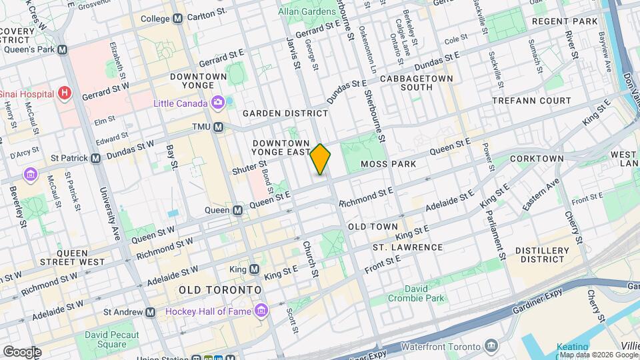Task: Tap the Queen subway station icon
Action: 238,211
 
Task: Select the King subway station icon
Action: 254,269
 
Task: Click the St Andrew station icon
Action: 151,312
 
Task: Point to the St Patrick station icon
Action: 95,159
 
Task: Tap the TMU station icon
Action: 218,127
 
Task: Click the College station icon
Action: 177,19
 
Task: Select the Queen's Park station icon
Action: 62,49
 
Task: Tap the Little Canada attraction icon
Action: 217,103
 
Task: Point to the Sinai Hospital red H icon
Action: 64,93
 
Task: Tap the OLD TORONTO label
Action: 219,291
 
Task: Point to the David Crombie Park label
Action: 417,293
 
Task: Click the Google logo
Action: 22,351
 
